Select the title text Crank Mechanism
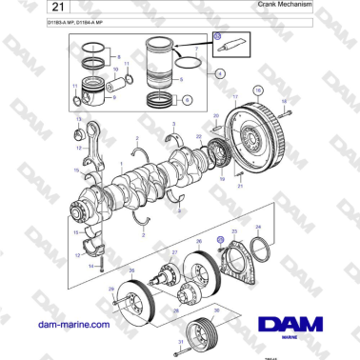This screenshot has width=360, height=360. tap(286, 6)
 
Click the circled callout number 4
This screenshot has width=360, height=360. tap(220, 72)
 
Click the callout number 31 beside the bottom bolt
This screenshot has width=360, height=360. tap(178, 342)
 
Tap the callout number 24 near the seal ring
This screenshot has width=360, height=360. tap(255, 228)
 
